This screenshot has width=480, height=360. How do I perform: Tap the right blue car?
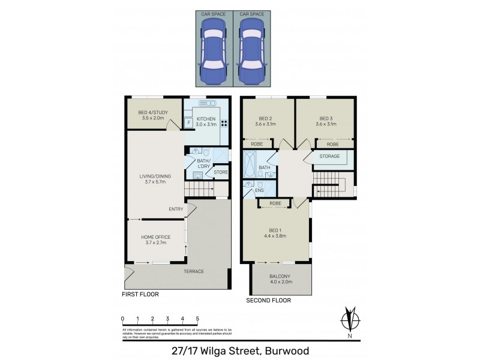tap(251, 52)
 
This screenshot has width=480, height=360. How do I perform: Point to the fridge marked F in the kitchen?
tap(189, 123)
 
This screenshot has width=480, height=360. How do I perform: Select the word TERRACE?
tap(194, 271)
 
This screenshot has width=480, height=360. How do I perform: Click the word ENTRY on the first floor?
tap(176, 209)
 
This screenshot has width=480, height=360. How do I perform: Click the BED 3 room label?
tap(326, 118)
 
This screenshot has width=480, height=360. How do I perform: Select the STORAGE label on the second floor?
tap(330, 157)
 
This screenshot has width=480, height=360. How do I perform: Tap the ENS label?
tap(259, 191)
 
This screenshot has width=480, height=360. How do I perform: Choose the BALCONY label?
tap(281, 275)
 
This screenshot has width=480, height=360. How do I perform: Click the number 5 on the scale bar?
tap(197, 319)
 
